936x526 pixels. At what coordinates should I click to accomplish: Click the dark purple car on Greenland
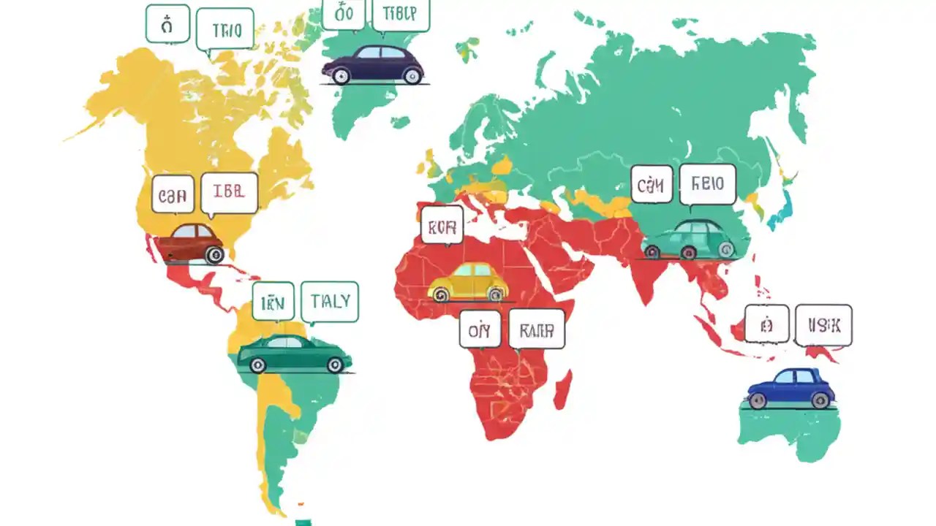click(373, 64)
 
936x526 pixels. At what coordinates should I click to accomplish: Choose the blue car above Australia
click(790, 388)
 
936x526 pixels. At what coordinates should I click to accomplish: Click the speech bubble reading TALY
click(330, 301)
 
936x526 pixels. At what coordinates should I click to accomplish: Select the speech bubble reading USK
click(823, 325)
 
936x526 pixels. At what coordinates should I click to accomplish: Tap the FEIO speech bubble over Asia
click(707, 183)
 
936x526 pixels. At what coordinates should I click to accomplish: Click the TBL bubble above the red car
click(229, 193)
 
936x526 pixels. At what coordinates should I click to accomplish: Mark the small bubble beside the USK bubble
click(766, 324)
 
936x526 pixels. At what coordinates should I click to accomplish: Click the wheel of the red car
click(214, 255)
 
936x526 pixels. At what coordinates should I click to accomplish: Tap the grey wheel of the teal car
click(725, 251)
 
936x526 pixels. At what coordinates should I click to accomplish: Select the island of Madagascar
click(562, 390)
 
